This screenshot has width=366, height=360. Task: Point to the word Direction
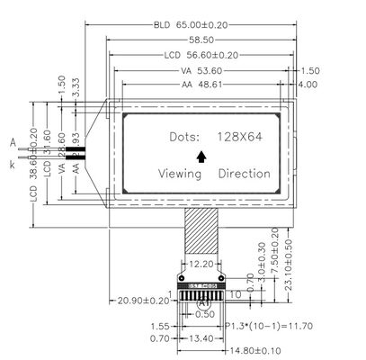point(244,173)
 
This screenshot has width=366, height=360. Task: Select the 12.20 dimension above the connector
point(201,265)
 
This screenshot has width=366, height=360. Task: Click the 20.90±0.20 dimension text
point(143,300)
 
